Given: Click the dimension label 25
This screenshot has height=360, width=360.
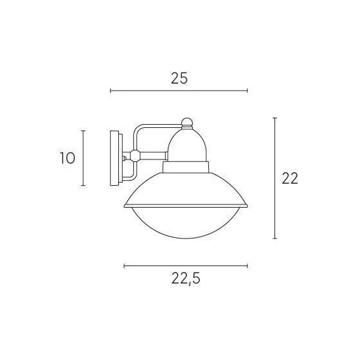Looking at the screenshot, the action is (x=179, y=78).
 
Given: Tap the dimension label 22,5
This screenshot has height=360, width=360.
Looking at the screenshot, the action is (x=186, y=279).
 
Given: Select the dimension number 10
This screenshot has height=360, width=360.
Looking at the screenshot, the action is (x=67, y=158).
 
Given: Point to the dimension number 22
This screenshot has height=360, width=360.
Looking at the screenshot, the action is (x=290, y=178).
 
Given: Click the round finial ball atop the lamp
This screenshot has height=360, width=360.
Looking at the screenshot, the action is (x=187, y=122).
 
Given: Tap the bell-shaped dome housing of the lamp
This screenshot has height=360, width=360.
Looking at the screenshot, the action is (x=187, y=145).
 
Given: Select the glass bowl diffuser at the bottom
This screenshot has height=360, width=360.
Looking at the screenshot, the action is (x=186, y=222).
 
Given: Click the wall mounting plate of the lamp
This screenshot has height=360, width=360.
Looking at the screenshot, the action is (x=116, y=158).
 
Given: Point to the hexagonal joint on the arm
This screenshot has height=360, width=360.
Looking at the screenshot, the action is (x=135, y=156).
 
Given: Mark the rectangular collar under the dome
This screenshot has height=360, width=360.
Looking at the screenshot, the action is (x=186, y=167).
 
